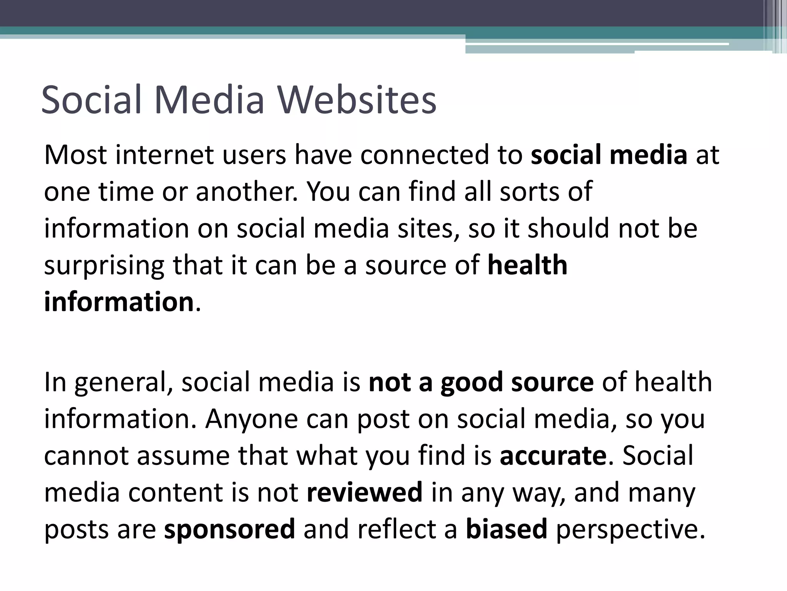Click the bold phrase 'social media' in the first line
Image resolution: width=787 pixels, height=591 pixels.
[x=609, y=154]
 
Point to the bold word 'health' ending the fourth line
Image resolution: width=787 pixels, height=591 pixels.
[x=527, y=265]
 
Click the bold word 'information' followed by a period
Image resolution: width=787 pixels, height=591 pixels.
[x=119, y=302]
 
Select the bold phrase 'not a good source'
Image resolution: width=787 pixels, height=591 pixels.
[x=481, y=382]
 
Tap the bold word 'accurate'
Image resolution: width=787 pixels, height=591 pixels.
[x=553, y=456]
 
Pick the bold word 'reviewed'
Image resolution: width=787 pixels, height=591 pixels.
[x=365, y=492]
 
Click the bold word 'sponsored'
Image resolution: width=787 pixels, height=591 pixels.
[x=229, y=529]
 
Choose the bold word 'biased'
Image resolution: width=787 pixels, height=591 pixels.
[x=506, y=529]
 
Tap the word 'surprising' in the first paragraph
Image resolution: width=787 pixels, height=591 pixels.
[x=104, y=266]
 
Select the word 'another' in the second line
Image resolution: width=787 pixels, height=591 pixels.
[x=246, y=191]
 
